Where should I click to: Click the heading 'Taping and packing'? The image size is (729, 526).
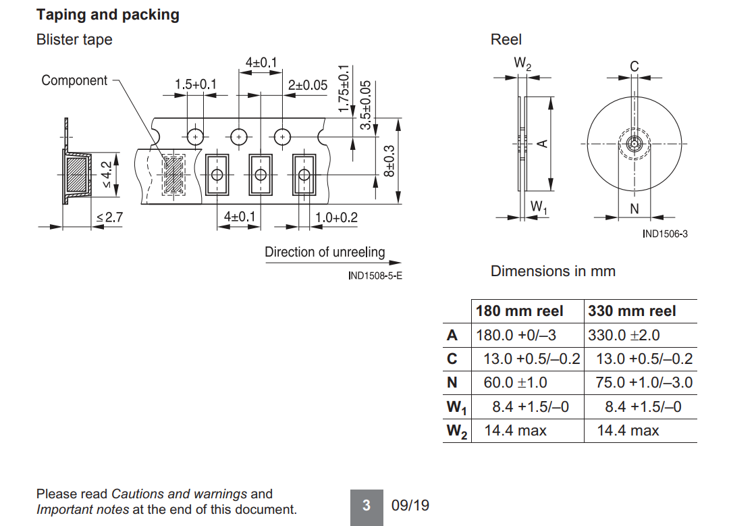(108, 15)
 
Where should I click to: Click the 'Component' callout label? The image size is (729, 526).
(74, 80)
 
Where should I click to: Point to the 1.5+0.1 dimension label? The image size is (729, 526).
(196, 84)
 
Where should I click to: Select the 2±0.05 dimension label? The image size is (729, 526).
(308, 85)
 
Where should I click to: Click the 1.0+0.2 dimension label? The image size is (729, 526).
(337, 217)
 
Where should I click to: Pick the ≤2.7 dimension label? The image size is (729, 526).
(109, 217)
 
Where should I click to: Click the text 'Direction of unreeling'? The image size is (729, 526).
(325, 252)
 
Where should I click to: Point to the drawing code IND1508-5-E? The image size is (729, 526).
(375, 275)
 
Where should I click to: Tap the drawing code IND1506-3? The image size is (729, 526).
(665, 234)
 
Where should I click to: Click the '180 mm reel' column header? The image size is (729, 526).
(519, 311)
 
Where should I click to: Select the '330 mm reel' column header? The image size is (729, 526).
(632, 311)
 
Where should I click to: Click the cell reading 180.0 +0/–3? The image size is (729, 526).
(516, 335)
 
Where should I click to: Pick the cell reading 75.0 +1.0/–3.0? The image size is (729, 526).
(644, 383)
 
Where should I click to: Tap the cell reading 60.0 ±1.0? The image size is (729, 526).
(516, 383)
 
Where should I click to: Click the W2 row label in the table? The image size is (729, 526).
(456, 431)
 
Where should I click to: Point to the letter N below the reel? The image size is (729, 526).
(634, 209)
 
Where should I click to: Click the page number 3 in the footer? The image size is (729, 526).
(367, 505)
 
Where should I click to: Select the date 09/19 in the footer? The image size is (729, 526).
(410, 505)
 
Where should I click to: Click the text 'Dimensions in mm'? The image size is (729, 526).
(553, 271)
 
